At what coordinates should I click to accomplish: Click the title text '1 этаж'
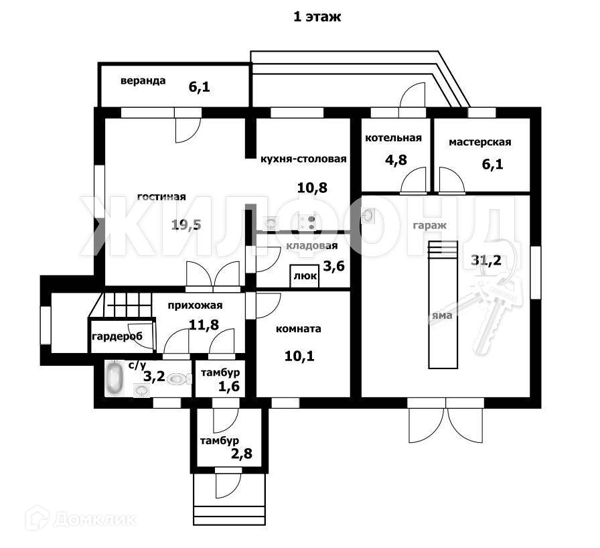click(x=317, y=17)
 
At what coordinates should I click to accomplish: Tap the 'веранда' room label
click(x=143, y=81)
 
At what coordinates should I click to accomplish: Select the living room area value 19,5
click(x=185, y=225)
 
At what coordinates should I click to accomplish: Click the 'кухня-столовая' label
click(x=303, y=159)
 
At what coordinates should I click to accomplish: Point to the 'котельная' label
click(x=393, y=138)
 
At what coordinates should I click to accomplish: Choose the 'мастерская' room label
click(x=479, y=142)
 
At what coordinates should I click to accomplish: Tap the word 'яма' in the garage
click(x=442, y=315)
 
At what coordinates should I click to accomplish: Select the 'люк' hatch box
click(x=304, y=276)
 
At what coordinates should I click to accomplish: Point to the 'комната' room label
click(x=299, y=329)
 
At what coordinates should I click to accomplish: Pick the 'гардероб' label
click(x=117, y=336)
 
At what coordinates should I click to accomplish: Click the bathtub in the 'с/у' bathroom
click(x=115, y=378)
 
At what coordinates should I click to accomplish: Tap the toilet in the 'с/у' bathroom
click(x=175, y=379)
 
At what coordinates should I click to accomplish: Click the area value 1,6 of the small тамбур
click(x=228, y=387)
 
